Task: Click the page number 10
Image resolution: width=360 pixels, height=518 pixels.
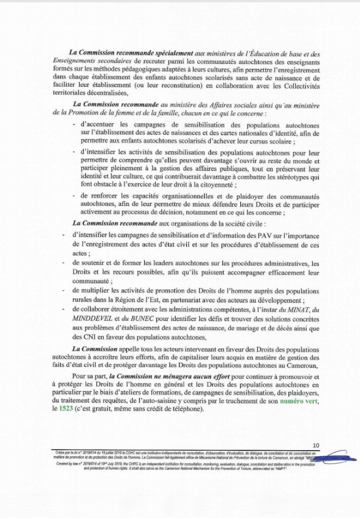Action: pos(315,445)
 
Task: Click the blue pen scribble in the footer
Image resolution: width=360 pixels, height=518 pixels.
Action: pos(328,457)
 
